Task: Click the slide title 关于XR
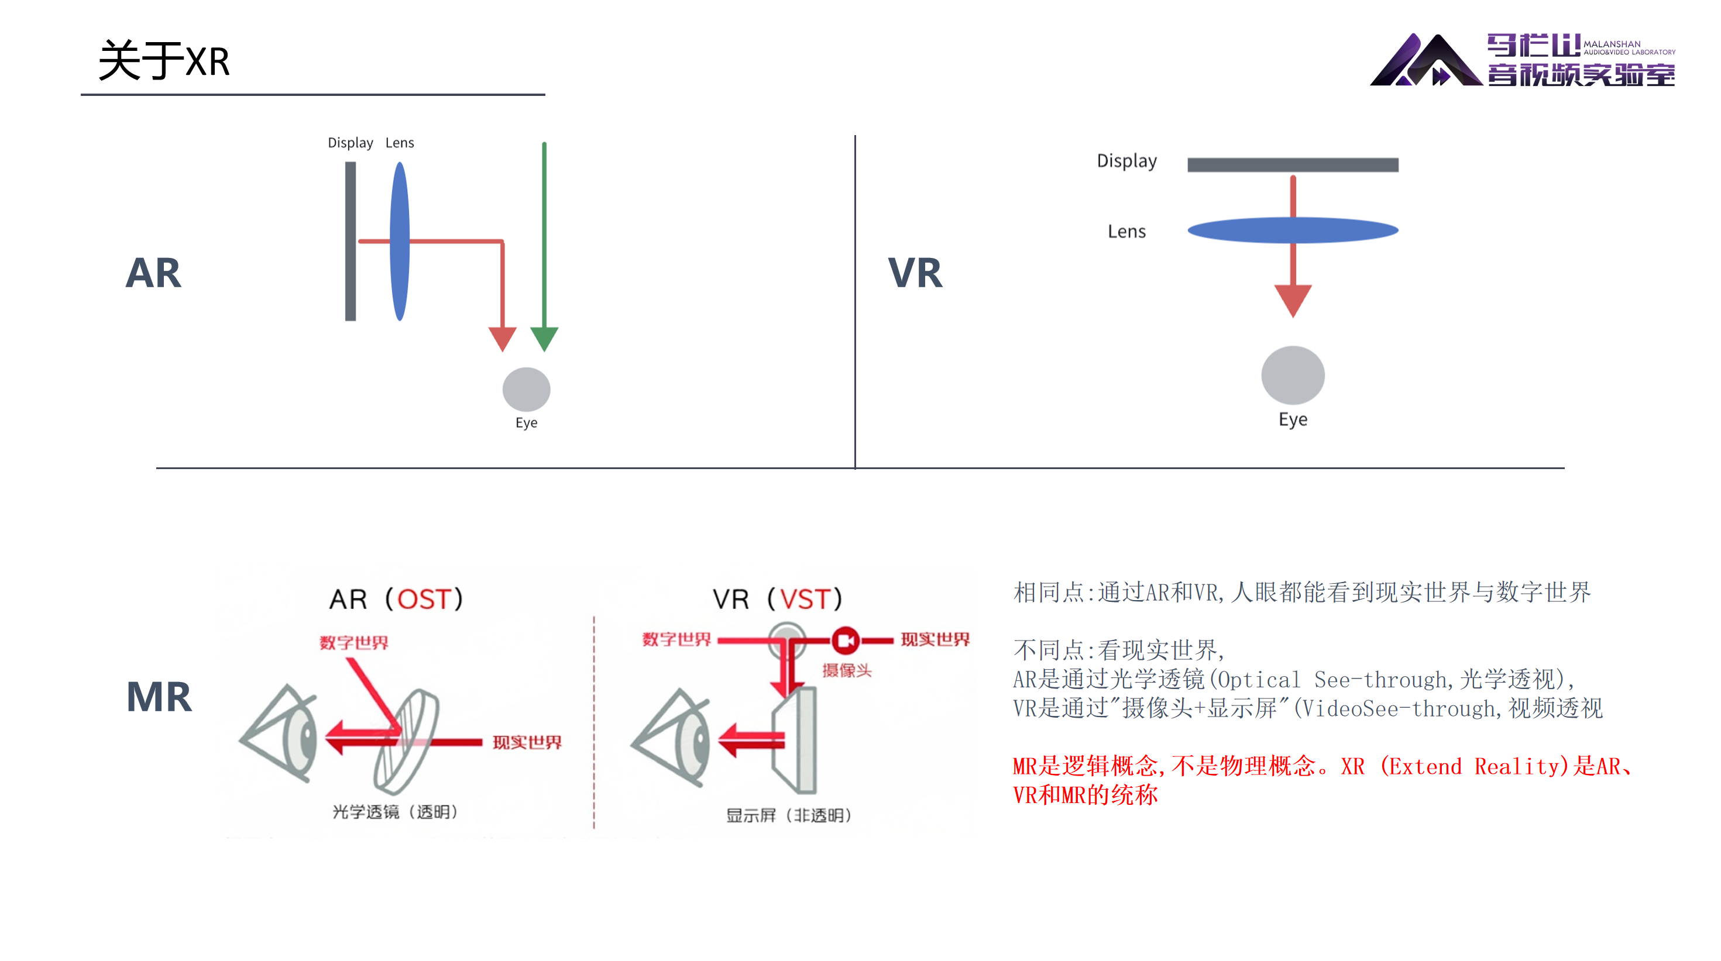click(164, 61)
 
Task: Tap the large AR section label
click(153, 273)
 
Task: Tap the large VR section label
click(915, 273)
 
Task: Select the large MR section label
click(159, 697)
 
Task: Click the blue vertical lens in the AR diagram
click(400, 241)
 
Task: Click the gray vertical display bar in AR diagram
click(350, 241)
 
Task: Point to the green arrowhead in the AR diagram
click(544, 338)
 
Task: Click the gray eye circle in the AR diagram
click(527, 390)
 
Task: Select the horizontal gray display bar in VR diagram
click(1293, 165)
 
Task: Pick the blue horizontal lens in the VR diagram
click(1293, 230)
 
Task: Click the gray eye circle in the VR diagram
click(1293, 376)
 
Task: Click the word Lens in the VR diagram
click(1126, 232)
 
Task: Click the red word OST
click(424, 599)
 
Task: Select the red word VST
click(805, 599)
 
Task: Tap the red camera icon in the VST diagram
click(845, 640)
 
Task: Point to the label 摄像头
click(847, 670)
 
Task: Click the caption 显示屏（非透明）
click(789, 815)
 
